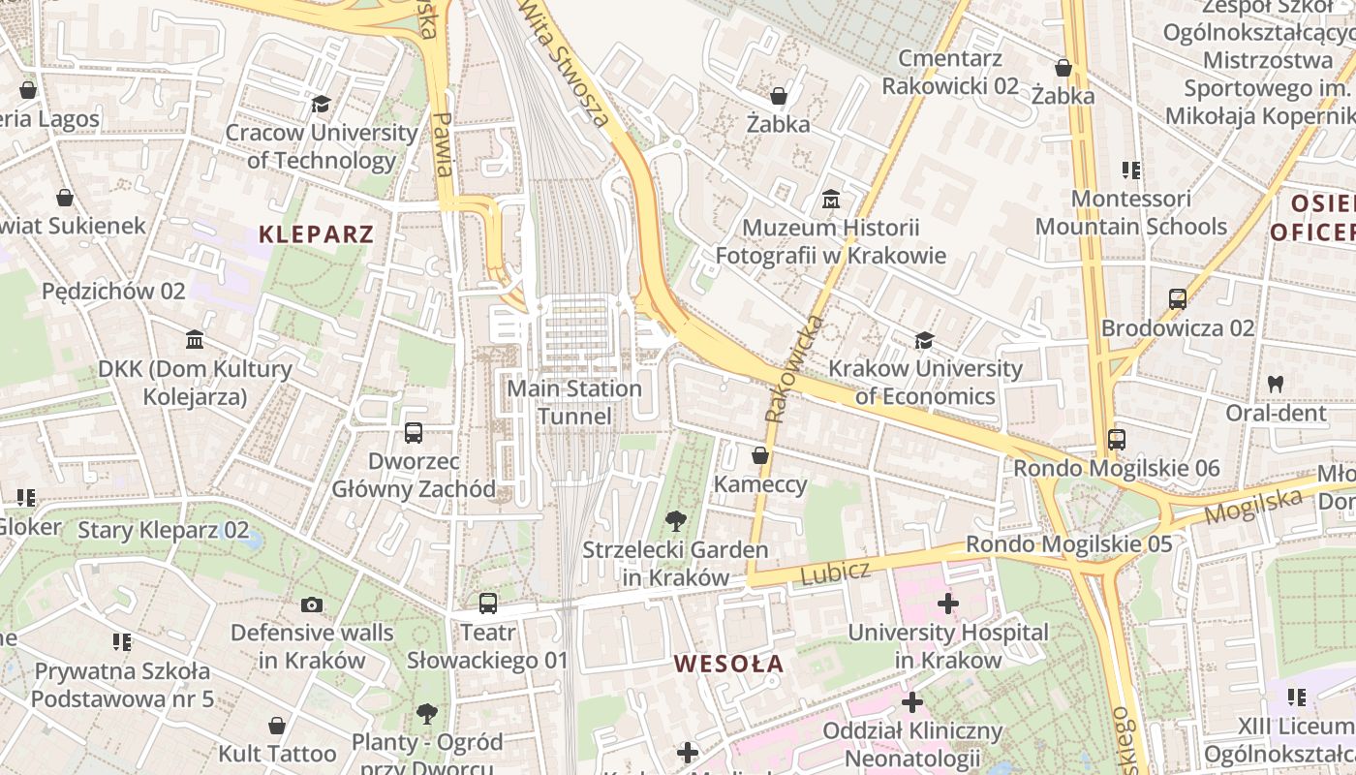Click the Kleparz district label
(x=316, y=233)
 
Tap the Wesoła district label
(x=728, y=664)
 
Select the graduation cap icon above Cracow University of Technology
(x=321, y=104)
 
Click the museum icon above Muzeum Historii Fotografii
(x=830, y=200)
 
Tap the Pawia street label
(x=443, y=144)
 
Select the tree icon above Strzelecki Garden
(x=675, y=521)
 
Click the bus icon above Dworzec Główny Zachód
(x=414, y=432)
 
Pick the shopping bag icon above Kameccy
(x=760, y=454)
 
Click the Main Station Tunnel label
(x=575, y=402)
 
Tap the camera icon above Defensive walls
(x=311, y=604)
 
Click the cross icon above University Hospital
(x=947, y=604)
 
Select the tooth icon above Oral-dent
(x=1276, y=384)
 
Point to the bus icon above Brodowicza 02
(x=1177, y=298)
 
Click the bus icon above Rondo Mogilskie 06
(x=1117, y=439)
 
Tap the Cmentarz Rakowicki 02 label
(x=949, y=72)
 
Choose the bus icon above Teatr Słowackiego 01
(x=487, y=603)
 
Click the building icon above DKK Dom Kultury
(x=195, y=340)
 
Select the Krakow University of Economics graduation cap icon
(x=924, y=340)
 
